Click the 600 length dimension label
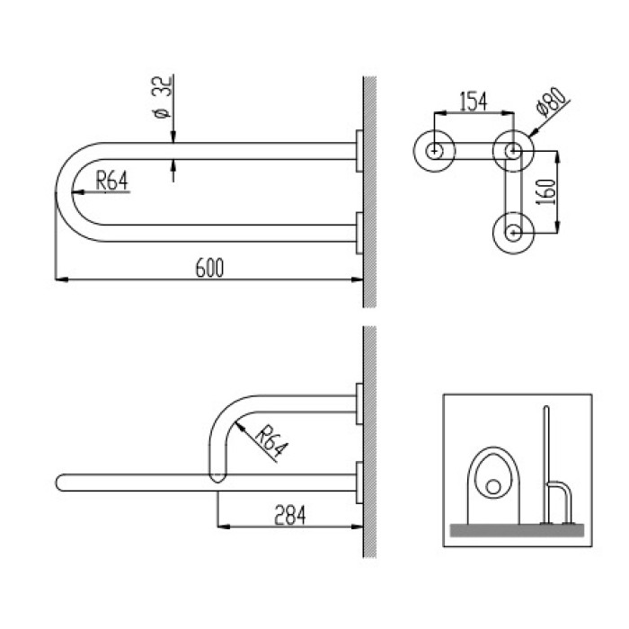(209, 268)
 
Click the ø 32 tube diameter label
(162, 97)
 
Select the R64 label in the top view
(112, 181)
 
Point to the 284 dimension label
(289, 516)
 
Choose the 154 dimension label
(474, 102)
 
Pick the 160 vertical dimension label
(546, 192)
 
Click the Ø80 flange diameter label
(553, 102)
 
